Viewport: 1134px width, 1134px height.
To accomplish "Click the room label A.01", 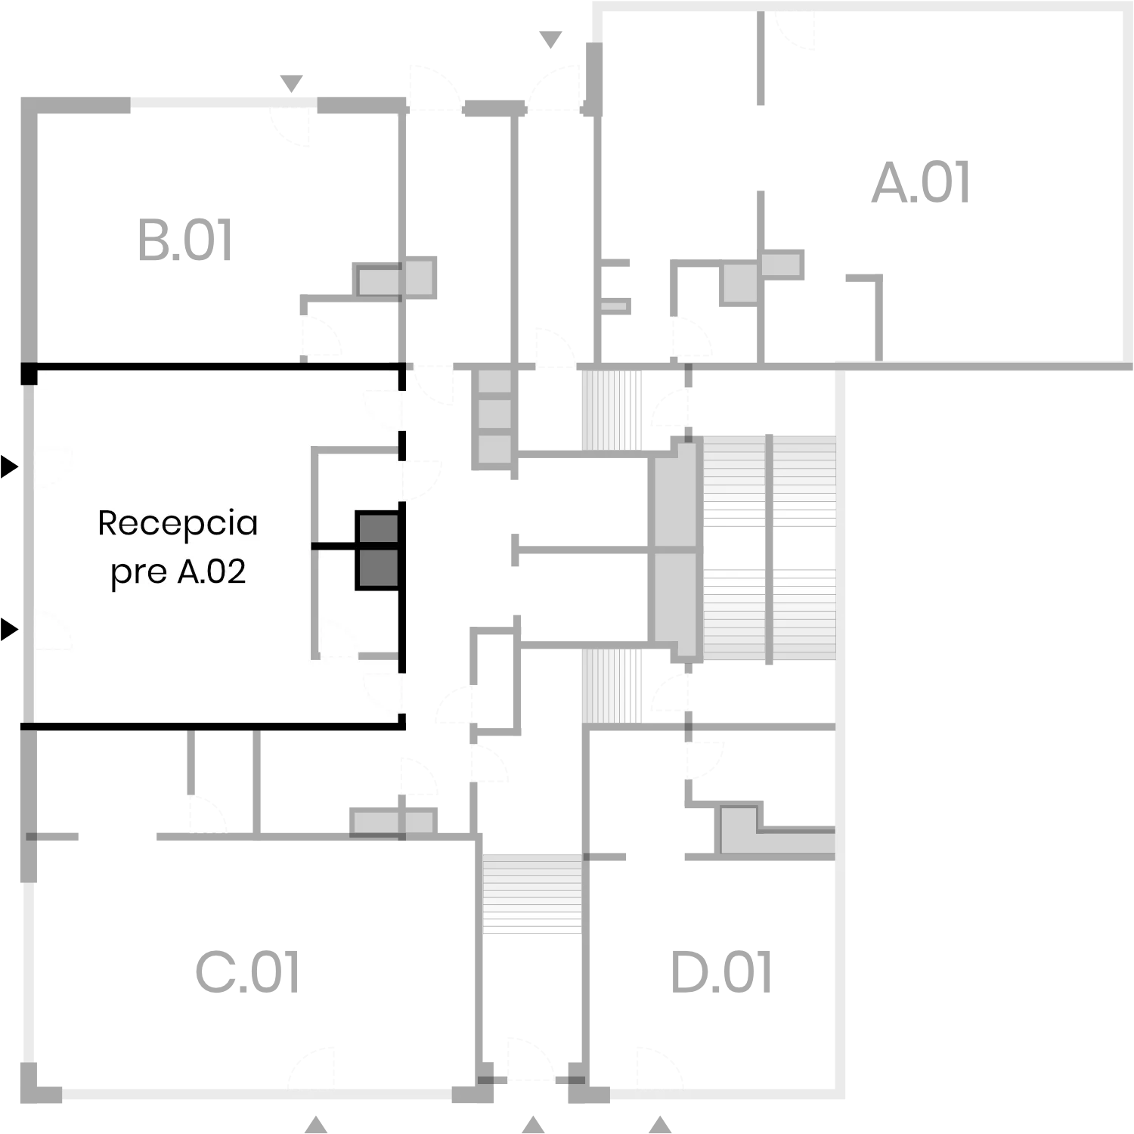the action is tap(921, 183).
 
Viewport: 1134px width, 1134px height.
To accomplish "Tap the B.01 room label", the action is tap(185, 240).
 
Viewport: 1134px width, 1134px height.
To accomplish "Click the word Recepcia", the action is tap(178, 523).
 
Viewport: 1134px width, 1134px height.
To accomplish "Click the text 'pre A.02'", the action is tap(178, 572).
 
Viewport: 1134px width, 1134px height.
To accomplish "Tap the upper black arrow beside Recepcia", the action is tap(9, 466).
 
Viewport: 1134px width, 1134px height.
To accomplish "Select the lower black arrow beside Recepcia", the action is tap(9, 628).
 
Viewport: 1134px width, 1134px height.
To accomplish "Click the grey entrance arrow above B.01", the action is tap(291, 83).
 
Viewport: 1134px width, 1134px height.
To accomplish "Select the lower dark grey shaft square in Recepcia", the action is tap(377, 569).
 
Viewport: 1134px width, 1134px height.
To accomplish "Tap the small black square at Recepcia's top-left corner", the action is tap(29, 374).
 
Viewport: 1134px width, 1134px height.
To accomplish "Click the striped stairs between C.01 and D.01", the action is tap(532, 893).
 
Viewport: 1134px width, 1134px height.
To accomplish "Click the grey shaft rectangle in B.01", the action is tap(395, 278).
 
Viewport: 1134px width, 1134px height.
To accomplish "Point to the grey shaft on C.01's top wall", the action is tap(393, 823).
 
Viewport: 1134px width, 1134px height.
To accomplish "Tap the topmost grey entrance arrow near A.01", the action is tap(550, 39).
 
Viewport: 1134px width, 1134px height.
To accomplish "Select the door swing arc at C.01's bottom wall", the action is tap(311, 1069).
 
